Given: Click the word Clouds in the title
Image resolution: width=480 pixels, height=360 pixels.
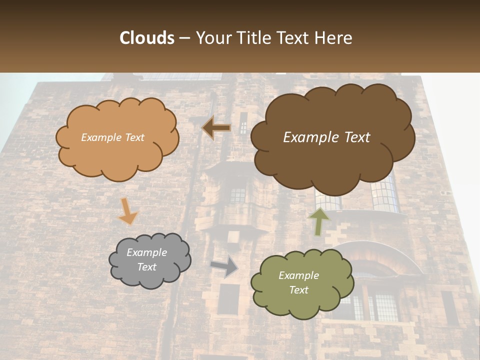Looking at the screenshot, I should coord(147,38).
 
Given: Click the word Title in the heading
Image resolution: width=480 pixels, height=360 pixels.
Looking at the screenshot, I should coord(255,38).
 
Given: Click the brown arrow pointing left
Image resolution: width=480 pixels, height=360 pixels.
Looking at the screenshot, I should coord(216,127).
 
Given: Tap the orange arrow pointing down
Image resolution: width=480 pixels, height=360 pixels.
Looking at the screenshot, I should coord(127,210).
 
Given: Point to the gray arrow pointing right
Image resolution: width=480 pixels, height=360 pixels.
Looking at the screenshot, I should coord(224,266).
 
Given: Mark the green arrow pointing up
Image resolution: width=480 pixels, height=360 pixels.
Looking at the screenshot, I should coord(318,221).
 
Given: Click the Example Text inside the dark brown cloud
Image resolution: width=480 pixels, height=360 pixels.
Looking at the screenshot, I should coord(326,137).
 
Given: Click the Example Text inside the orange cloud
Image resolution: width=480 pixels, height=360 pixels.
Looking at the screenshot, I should coord(112,137).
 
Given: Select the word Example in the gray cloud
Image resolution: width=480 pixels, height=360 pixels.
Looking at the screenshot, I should coord(146,252).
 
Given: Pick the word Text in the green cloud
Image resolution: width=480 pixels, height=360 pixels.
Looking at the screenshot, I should coord(298,290).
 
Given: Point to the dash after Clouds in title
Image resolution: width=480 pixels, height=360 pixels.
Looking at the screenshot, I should coord(184,38).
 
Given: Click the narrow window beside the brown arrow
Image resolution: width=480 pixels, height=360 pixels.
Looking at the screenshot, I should coord(243,122).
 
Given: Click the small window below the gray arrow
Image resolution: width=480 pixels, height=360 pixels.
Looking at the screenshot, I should coord(228,299).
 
